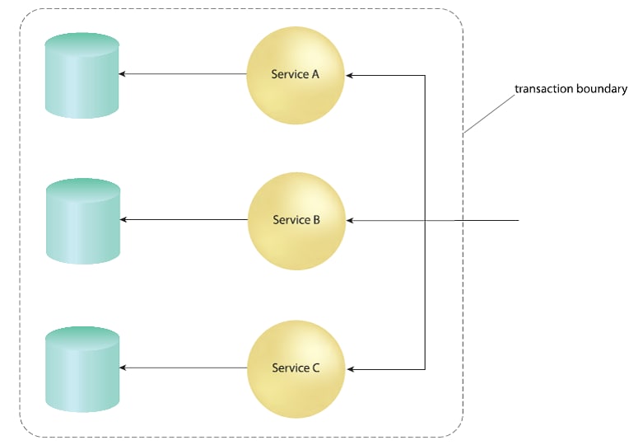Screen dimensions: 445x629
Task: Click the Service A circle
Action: pos(296,75)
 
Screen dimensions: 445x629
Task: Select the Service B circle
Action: pos(296,221)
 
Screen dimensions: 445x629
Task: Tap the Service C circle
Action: pos(296,368)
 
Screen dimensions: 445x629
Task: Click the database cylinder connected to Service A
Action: pos(83,76)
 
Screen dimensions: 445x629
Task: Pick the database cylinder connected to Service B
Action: pos(83,221)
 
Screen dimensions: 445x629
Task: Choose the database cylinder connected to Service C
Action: pos(83,368)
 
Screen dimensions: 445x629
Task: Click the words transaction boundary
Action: pos(571,89)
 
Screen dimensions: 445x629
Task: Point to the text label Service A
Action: pos(296,74)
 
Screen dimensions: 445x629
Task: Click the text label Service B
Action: pos(296,220)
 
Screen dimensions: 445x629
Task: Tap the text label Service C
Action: pos(296,368)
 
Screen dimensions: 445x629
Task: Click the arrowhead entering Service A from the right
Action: pos(350,75)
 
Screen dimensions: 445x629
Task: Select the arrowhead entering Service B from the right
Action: pos(350,221)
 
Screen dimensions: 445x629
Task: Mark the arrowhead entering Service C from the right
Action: pos(350,368)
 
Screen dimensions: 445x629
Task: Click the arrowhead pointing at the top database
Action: pos(123,75)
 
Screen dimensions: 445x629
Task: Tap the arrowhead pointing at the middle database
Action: pos(123,220)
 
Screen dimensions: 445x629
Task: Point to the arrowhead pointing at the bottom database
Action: pos(123,368)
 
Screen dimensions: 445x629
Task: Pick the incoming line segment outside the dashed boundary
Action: pos(492,221)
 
